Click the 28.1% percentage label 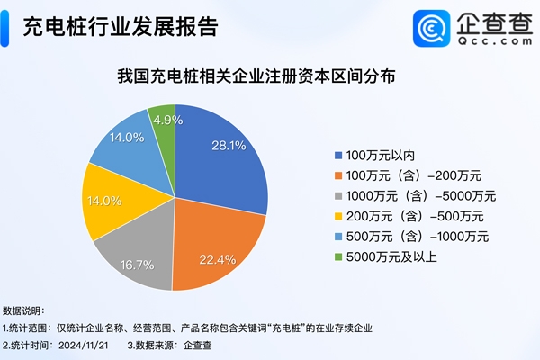228,146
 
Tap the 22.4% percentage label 217,259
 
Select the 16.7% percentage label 131,266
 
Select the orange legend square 337,175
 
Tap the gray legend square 337,195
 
